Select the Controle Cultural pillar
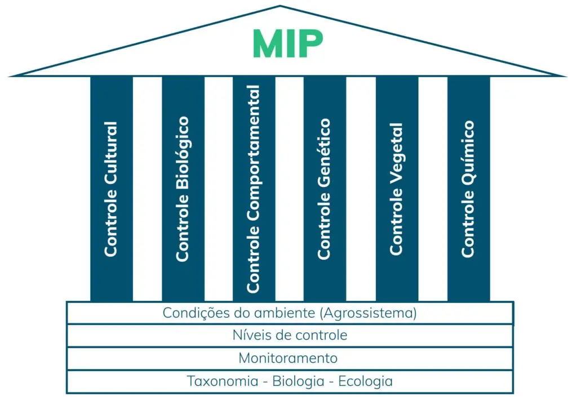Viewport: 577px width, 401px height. [x=112, y=189]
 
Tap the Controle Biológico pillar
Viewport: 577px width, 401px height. [x=183, y=189]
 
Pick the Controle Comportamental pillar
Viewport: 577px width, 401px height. [x=254, y=189]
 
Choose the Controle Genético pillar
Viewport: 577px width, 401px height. [x=325, y=189]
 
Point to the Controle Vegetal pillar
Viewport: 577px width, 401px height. [x=397, y=189]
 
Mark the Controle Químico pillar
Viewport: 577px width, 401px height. [x=469, y=189]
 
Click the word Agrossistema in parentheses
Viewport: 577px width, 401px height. [x=369, y=313]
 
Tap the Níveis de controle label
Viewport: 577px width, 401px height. [x=290, y=335]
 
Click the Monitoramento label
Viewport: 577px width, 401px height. [x=288, y=358]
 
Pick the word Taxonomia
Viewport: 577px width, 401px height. [x=223, y=381]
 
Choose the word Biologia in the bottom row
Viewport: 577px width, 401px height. [x=299, y=381]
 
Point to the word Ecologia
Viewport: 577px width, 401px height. [x=365, y=381]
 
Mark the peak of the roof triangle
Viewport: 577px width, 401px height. [x=280, y=6]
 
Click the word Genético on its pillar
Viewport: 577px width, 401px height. [x=324, y=153]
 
